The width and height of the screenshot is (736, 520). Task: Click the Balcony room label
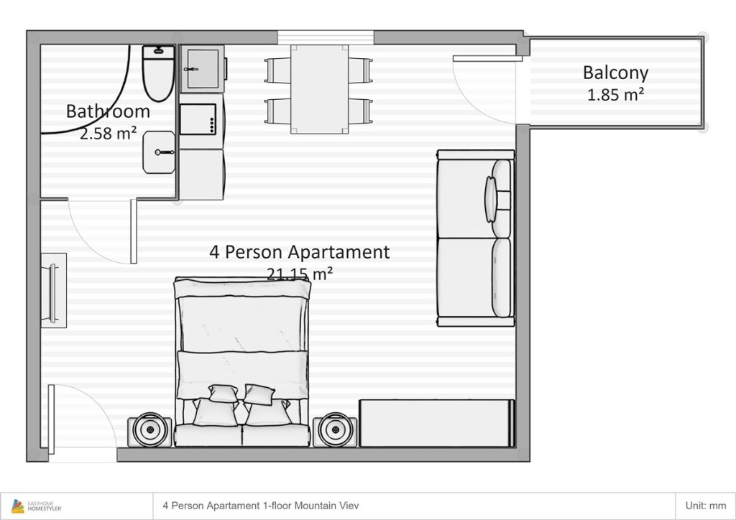(x=615, y=73)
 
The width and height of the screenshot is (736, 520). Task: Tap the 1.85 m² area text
(x=615, y=95)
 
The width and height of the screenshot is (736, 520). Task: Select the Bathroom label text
(x=108, y=111)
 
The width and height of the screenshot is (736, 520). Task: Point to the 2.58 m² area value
(x=108, y=134)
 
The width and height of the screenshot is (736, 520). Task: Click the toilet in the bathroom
(x=159, y=73)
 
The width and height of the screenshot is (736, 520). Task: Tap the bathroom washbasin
(x=159, y=152)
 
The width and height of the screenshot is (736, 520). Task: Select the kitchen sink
(x=202, y=69)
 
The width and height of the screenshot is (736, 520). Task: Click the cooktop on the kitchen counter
(x=198, y=119)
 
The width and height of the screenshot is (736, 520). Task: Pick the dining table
(x=319, y=89)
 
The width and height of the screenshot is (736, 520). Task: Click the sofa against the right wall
(x=476, y=238)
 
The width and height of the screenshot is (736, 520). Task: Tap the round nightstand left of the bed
(x=149, y=430)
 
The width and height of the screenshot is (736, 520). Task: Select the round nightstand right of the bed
(x=335, y=430)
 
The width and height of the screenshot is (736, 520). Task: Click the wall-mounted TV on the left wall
(x=53, y=291)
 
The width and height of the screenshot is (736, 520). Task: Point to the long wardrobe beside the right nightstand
(x=436, y=424)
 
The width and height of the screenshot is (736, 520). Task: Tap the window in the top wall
(x=326, y=37)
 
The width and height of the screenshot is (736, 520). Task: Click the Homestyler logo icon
(x=18, y=506)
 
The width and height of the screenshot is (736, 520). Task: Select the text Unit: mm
(x=706, y=506)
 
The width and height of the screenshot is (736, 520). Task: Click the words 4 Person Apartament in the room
(x=300, y=252)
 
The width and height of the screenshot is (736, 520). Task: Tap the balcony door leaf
(x=488, y=59)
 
